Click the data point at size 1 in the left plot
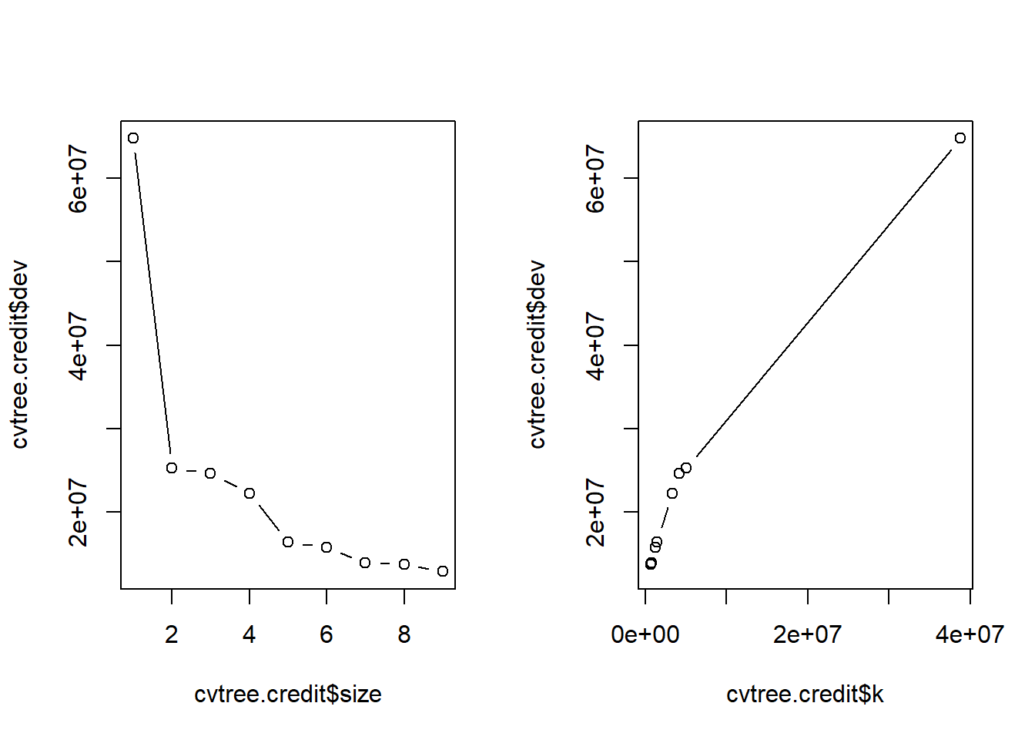coord(133,138)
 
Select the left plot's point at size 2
coord(172,468)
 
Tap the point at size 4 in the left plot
coord(250,493)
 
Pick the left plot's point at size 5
coord(288,542)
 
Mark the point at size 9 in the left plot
coord(443,571)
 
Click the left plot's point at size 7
coord(365,563)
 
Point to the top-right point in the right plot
coord(960,138)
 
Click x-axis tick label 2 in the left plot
coord(172,634)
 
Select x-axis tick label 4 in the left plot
coord(250,634)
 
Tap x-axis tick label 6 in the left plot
coord(327,634)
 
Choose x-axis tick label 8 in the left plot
coord(404,634)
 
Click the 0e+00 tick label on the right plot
coord(645,634)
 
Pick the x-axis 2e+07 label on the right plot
coord(808,634)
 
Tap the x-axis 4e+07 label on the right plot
coord(970,634)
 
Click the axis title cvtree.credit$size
coord(288,695)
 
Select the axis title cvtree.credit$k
coord(805,695)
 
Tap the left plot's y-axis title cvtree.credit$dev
coord(20,355)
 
